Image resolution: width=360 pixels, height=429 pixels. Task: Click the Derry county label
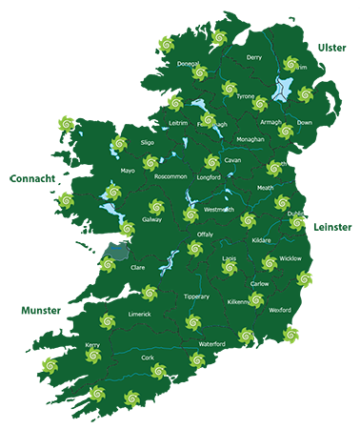(253, 57)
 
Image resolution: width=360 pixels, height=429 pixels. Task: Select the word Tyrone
(246, 96)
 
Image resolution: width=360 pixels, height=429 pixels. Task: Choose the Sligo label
(148, 141)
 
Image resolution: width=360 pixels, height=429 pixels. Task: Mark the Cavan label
(233, 161)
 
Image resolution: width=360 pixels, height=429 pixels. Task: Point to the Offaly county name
(205, 234)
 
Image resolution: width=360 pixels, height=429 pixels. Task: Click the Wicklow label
(290, 258)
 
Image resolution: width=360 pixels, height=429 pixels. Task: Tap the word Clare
(136, 268)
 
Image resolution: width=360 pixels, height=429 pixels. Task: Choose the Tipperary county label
(195, 297)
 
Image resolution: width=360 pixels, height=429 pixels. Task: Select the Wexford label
(280, 310)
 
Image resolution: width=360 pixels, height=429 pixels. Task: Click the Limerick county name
(139, 314)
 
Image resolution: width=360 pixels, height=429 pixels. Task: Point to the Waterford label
(211, 342)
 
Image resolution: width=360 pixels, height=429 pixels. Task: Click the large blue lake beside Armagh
(283, 91)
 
